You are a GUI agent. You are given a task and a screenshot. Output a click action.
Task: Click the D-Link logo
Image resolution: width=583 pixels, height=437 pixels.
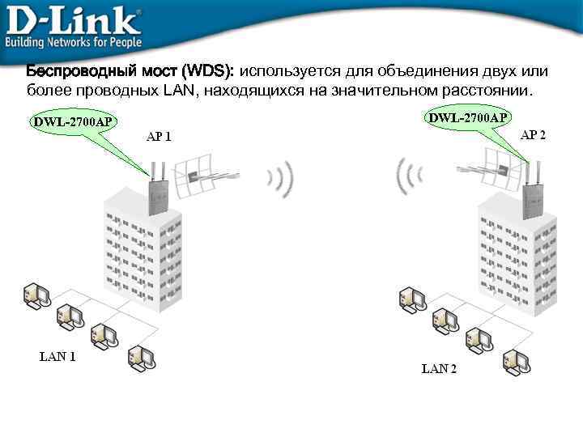(73, 18)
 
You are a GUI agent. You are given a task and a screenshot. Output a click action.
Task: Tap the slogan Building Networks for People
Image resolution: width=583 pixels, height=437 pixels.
(74, 41)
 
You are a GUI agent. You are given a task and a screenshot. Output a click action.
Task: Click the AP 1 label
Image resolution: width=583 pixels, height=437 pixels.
(159, 136)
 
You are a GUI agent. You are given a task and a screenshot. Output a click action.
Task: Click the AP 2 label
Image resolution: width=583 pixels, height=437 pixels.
(533, 134)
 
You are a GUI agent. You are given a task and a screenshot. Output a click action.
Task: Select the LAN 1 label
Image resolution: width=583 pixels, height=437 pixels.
(57, 355)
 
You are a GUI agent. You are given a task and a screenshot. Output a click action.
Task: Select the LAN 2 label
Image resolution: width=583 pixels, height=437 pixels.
(439, 369)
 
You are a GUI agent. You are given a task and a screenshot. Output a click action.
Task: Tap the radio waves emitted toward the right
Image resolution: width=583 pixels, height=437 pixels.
(280, 179)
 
